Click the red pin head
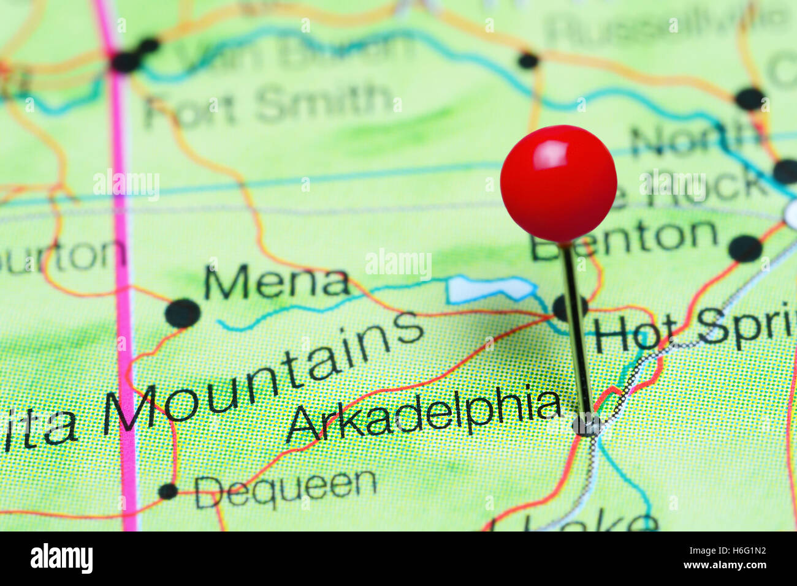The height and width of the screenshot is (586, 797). click(x=558, y=184)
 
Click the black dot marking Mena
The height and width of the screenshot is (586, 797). click(x=183, y=314)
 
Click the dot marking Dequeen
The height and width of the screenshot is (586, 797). click(x=167, y=491)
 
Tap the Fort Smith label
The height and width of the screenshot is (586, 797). click(x=268, y=105)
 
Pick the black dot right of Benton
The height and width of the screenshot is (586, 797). click(x=745, y=249)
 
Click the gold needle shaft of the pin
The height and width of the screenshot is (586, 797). click(x=576, y=331)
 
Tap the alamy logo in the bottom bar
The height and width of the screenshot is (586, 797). click(x=61, y=558)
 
